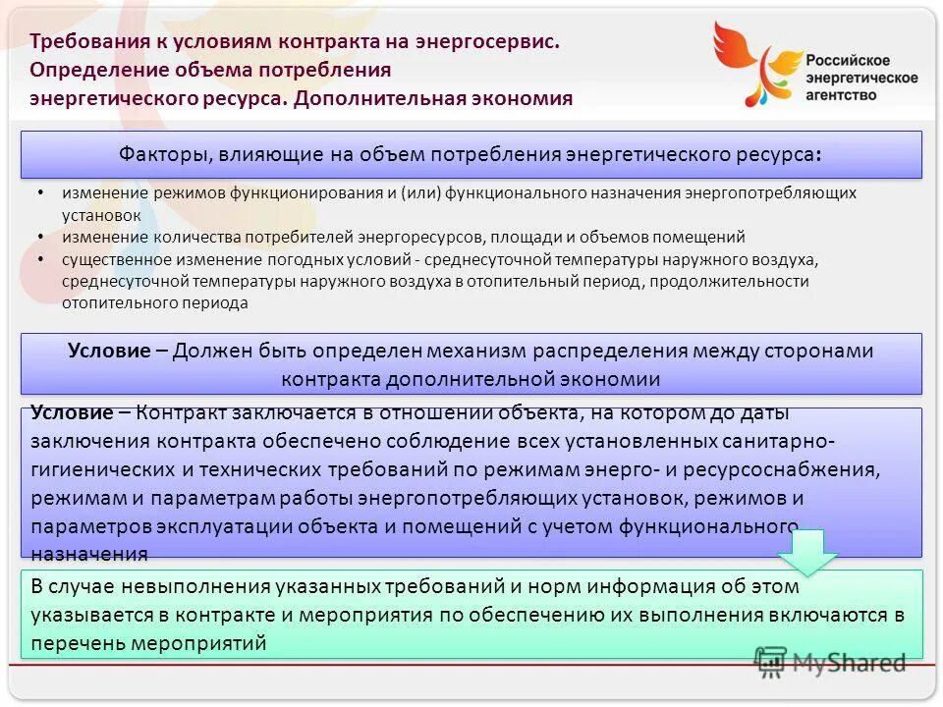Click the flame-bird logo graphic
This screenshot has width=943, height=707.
(753, 63)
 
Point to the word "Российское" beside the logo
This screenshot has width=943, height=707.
(848, 60)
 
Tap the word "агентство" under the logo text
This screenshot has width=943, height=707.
(842, 95)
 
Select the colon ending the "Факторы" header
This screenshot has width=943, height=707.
(818, 156)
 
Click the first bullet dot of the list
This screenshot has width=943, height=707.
(38, 192)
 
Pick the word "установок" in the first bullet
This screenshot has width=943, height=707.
(101, 214)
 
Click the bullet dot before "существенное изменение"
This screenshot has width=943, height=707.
(38, 259)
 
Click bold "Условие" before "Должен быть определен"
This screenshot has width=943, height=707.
(108, 351)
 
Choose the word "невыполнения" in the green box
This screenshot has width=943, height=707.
(182, 587)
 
